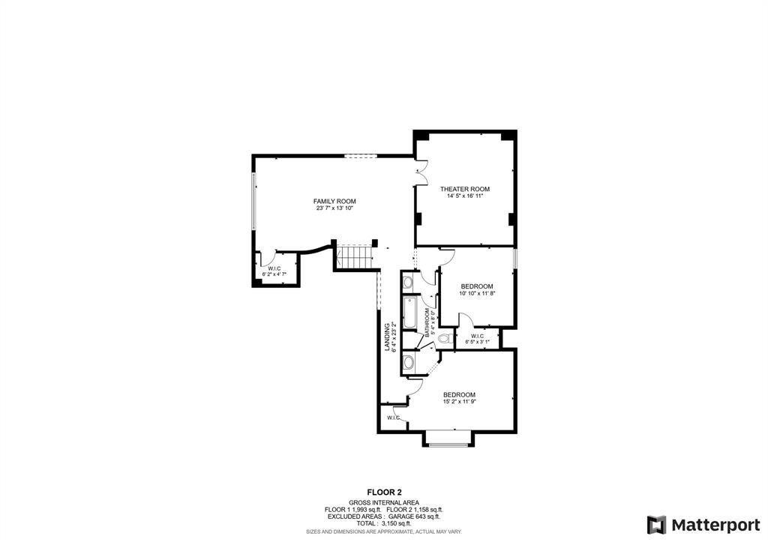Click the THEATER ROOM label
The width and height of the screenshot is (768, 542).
(x=464, y=189)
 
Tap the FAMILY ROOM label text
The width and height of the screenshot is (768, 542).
(x=334, y=201)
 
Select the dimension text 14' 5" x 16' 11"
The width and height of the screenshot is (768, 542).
(x=464, y=196)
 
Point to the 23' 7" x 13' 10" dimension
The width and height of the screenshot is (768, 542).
(x=334, y=208)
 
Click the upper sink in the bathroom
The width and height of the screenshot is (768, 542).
(x=407, y=283)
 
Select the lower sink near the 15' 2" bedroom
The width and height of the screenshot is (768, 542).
(x=408, y=364)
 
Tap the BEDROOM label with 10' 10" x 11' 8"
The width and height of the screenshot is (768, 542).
(x=476, y=286)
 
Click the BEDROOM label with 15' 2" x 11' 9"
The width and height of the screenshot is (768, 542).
(x=459, y=395)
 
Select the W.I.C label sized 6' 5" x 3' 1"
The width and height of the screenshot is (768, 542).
(x=477, y=336)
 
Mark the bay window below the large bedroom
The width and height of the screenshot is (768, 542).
(x=449, y=439)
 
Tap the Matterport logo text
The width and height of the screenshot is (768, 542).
(x=712, y=523)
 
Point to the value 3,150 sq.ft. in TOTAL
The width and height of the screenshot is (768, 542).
(x=398, y=523)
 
